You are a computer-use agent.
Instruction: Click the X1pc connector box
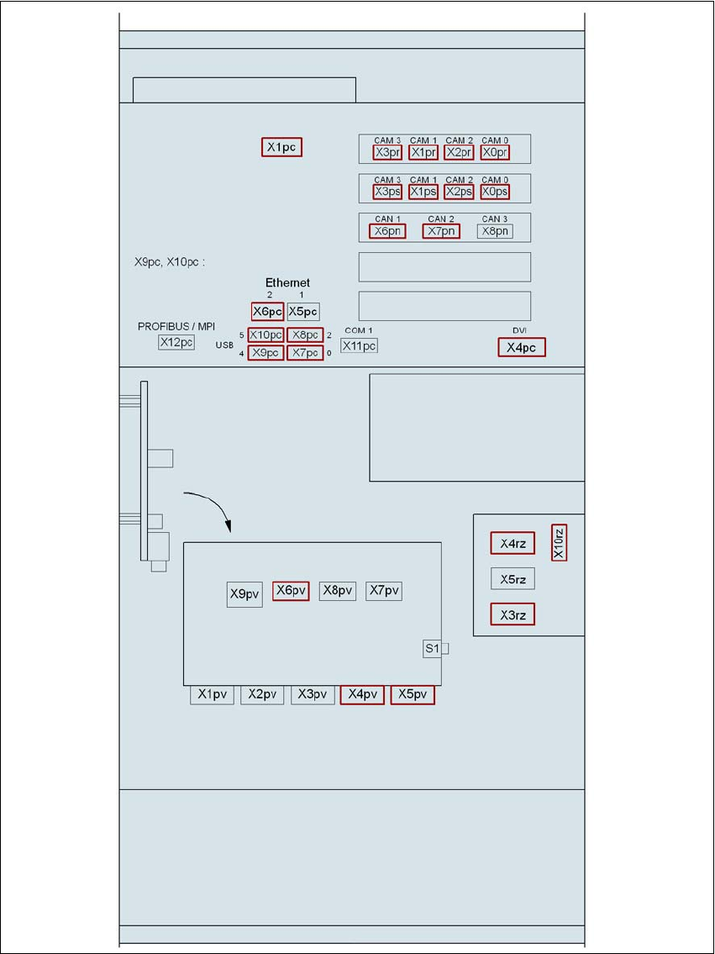click(281, 147)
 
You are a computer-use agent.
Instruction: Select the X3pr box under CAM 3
click(387, 152)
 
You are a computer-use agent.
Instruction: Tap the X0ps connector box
click(495, 192)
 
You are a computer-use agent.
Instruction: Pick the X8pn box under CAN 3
click(494, 230)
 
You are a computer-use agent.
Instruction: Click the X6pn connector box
click(387, 230)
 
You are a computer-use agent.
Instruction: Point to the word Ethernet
click(287, 283)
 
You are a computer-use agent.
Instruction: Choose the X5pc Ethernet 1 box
click(302, 312)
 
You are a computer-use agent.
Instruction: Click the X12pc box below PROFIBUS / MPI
click(176, 343)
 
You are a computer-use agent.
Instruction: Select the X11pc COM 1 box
click(359, 345)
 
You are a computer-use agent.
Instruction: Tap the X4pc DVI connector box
click(522, 347)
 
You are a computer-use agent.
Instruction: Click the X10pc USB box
click(265, 335)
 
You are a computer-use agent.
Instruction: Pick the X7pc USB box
click(305, 353)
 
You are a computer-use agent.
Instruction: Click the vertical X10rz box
click(559, 542)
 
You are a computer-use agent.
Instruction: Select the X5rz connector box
click(513, 579)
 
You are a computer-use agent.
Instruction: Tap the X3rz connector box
click(513, 614)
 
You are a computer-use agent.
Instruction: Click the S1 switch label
click(433, 649)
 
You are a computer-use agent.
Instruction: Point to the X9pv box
click(244, 594)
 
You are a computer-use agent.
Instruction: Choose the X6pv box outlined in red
click(291, 590)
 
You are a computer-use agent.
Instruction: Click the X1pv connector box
click(213, 694)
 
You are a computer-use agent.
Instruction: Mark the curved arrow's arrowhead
click(228, 526)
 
